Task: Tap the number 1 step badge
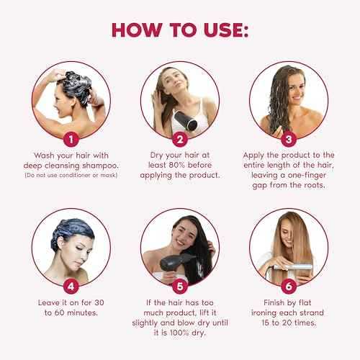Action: (68, 138)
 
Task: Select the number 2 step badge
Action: (181, 138)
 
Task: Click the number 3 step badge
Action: (291, 138)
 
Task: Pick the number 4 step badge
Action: (68, 286)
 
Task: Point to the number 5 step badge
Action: (181, 286)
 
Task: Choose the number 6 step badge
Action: (291, 286)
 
